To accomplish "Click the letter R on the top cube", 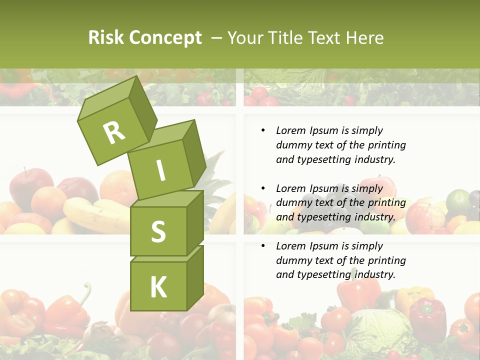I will pyautogui.click(x=114, y=133).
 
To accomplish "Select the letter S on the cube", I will pyautogui.click(x=158, y=231).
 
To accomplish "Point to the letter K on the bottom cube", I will pyautogui.click(x=158, y=287).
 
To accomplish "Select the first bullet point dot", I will pyautogui.click(x=263, y=131).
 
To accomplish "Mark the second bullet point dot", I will pyautogui.click(x=263, y=188).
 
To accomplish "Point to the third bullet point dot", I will pyautogui.click(x=263, y=246).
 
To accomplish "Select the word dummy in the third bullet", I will pyautogui.click(x=293, y=260).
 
